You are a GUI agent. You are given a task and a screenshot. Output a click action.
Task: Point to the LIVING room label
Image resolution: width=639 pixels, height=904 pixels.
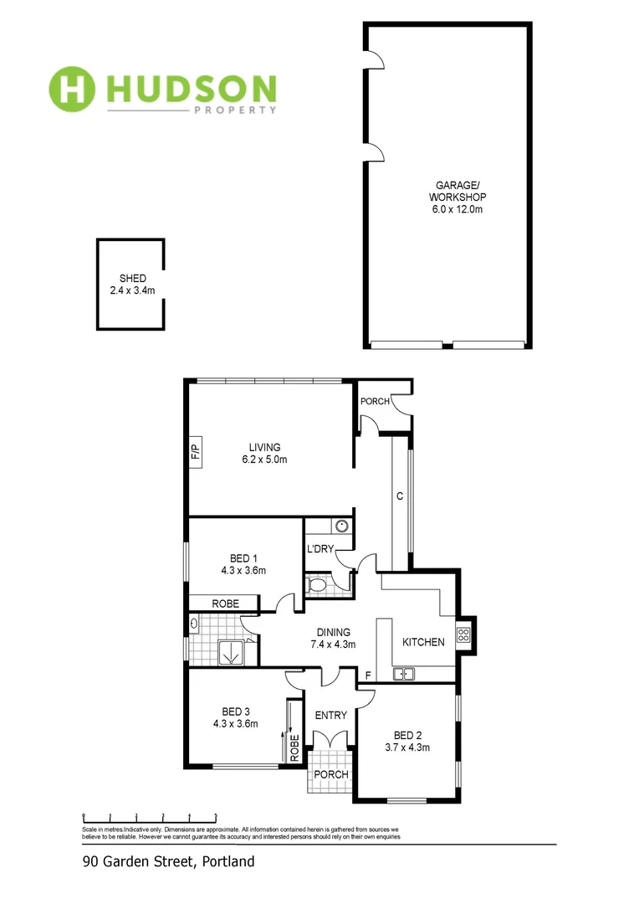click(263, 454)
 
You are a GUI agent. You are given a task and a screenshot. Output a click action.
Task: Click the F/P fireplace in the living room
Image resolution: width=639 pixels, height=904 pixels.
click(196, 453)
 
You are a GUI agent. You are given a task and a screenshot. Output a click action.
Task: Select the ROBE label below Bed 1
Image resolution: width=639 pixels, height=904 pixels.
click(225, 604)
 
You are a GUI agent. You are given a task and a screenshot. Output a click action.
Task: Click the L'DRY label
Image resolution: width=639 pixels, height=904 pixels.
click(320, 549)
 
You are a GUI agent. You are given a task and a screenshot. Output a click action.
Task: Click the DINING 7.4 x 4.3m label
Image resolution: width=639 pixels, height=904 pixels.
click(333, 639)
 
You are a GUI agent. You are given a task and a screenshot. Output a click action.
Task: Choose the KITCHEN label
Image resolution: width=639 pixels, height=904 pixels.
click(423, 642)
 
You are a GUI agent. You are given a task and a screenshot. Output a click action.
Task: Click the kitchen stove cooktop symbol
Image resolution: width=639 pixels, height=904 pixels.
click(463, 634)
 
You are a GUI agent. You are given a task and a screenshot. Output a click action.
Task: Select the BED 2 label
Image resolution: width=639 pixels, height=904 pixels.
click(407, 741)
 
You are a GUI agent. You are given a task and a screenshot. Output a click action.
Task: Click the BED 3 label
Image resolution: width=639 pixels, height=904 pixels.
click(235, 717)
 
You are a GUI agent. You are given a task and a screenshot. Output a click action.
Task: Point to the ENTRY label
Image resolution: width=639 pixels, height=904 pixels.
click(330, 715)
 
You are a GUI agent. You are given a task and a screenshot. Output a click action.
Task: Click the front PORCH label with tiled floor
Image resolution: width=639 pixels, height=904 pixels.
click(331, 774)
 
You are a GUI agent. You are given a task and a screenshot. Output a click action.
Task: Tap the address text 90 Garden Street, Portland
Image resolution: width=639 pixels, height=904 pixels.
click(168, 861)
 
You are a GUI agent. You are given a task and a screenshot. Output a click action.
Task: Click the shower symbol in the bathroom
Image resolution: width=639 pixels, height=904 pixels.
click(229, 651)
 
